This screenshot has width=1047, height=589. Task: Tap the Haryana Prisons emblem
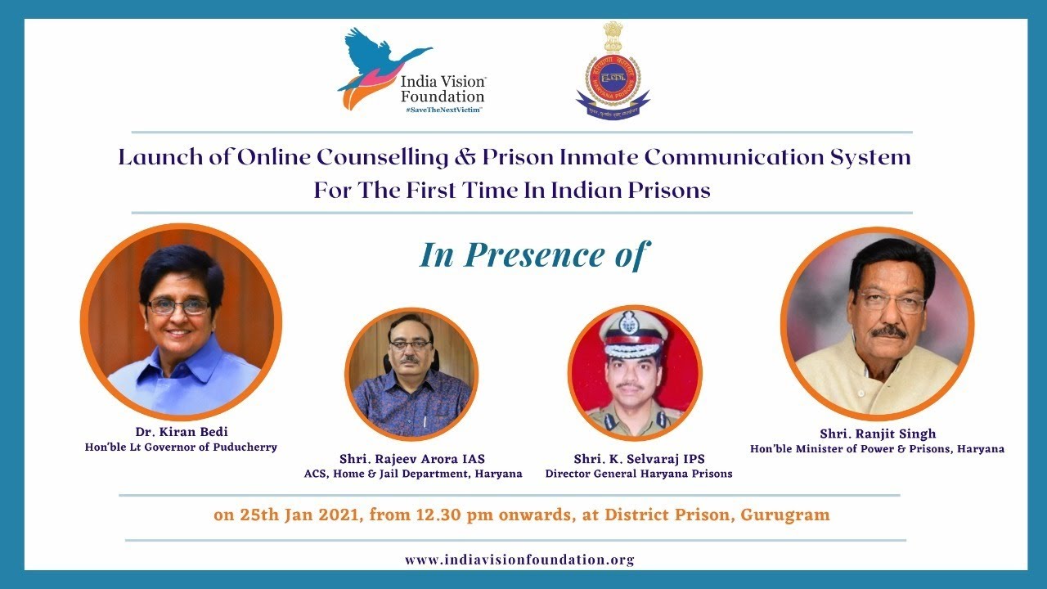point(613,71)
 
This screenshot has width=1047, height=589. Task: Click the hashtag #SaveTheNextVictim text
point(442,109)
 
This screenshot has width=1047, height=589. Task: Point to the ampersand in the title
point(458,157)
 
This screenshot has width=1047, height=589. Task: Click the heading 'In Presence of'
point(532,254)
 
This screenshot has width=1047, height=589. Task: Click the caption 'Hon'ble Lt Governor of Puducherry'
point(181,447)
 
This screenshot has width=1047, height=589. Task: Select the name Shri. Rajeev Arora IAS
point(412,459)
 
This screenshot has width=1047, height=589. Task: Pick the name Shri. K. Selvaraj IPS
point(639,459)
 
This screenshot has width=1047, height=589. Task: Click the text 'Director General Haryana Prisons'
point(639,474)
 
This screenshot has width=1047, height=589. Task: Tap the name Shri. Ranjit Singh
point(877,434)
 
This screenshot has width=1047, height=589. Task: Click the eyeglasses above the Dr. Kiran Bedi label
point(178,306)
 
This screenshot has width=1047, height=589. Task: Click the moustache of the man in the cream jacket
point(888,332)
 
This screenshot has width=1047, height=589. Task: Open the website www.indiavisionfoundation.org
point(519,560)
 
